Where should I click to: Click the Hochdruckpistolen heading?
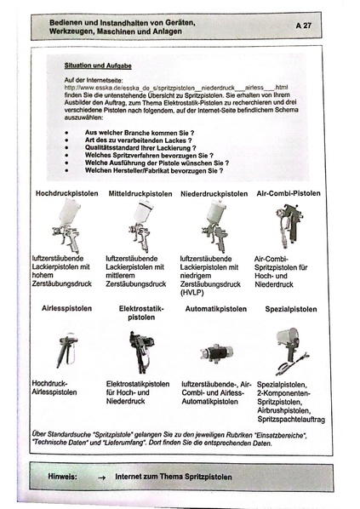click(x=65, y=193)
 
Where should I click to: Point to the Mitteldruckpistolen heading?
click(x=140, y=193)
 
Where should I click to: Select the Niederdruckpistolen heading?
click(x=214, y=193)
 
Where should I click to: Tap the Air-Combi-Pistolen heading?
click(x=289, y=193)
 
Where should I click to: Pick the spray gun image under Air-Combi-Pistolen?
click(x=289, y=226)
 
